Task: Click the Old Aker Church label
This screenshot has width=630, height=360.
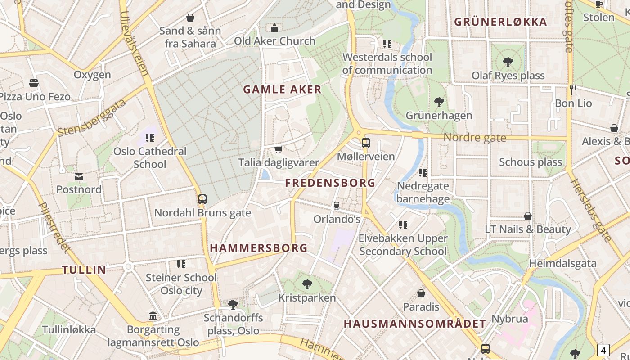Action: click(x=274, y=41)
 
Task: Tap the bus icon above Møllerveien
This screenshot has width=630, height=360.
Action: click(x=365, y=143)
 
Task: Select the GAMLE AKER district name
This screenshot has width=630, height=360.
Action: click(x=283, y=89)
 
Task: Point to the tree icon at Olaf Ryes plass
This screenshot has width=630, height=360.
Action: click(x=508, y=62)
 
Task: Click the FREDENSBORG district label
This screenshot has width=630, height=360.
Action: click(x=330, y=183)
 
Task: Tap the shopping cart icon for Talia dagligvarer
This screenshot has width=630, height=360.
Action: click(x=278, y=149)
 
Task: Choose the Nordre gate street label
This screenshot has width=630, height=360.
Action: click(x=475, y=138)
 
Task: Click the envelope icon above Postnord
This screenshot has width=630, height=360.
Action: click(x=79, y=176)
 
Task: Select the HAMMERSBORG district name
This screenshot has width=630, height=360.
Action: click(x=259, y=248)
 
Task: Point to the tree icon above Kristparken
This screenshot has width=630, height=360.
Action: click(x=307, y=284)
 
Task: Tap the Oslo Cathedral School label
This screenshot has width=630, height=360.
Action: click(x=150, y=157)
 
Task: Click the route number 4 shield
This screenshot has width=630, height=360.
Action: click(x=603, y=350)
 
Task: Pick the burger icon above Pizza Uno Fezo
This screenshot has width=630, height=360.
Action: click(x=34, y=83)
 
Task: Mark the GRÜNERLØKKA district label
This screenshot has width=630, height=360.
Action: click(x=500, y=22)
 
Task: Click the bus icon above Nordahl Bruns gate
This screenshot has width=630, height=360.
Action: click(x=202, y=199)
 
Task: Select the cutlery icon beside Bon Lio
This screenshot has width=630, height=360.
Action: click(x=573, y=90)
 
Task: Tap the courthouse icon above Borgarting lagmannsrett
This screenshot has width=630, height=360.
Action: click(x=153, y=316)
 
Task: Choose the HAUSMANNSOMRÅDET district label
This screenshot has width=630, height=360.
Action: click(x=415, y=324)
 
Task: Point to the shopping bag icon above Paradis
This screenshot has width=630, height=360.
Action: click(x=421, y=293)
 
